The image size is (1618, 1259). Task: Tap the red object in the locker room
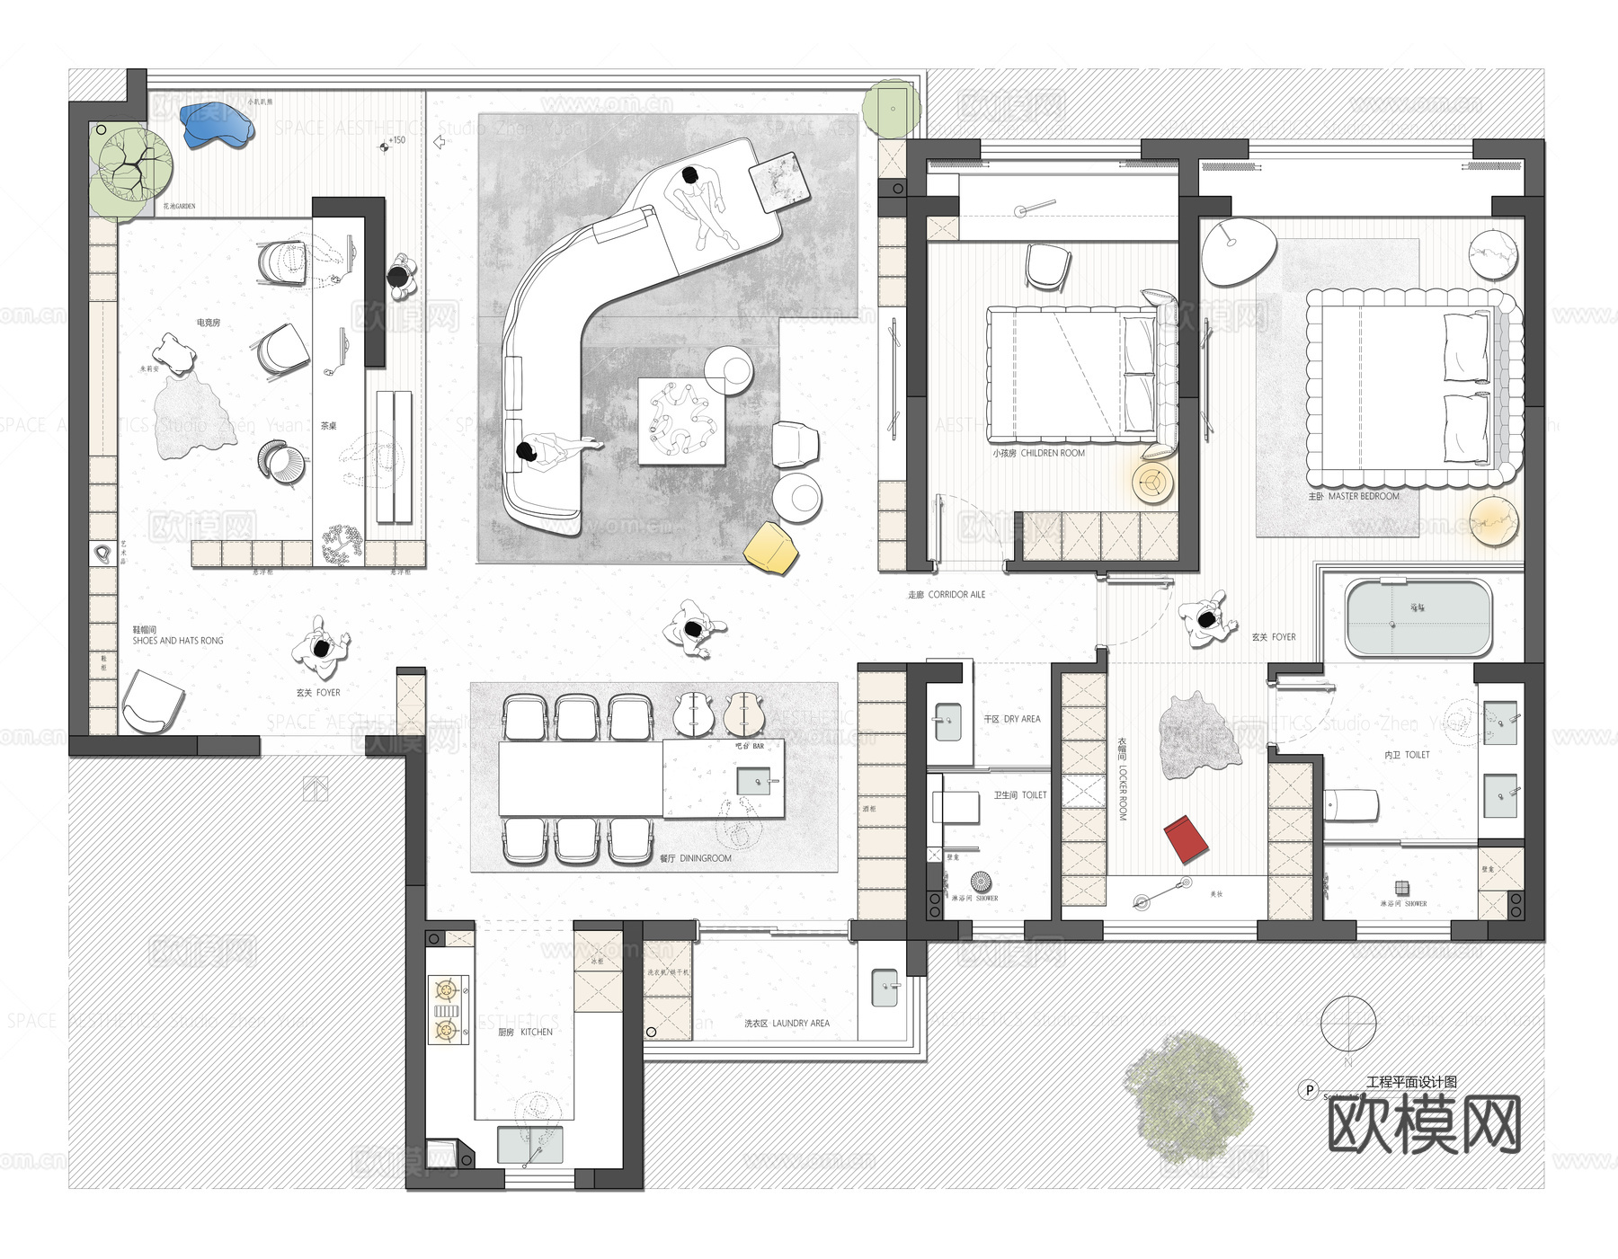1187,839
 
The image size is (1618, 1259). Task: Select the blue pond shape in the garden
216,124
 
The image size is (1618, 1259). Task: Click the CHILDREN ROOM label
1039,453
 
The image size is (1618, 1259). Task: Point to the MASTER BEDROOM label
1354,496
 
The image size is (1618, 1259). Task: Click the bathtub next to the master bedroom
1418,618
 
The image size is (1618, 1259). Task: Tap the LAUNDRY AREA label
787,1023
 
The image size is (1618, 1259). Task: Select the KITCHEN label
525,1032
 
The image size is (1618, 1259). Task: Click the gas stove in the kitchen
447,1010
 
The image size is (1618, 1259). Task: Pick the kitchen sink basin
530,1145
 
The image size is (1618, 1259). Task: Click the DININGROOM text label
696,858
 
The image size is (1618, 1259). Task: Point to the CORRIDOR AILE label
947,594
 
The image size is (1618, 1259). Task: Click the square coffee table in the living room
681,421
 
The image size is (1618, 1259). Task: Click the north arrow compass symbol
1348,1024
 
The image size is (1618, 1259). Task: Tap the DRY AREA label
1011,719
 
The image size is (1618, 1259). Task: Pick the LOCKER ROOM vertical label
1122,779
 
